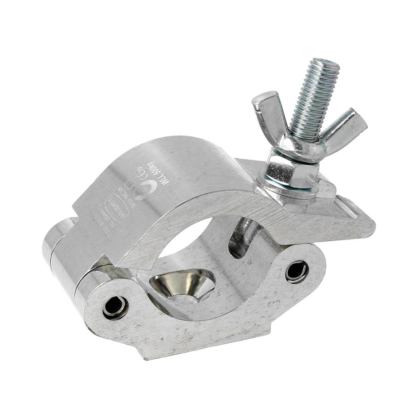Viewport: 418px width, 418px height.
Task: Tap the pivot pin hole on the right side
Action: point(297,271)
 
